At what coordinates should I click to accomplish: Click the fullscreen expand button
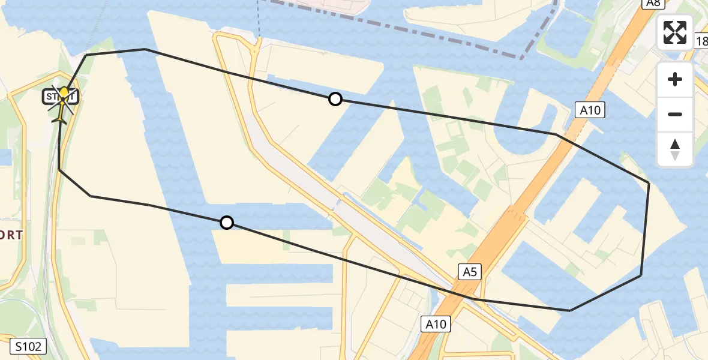pyautogui.click(x=675, y=32)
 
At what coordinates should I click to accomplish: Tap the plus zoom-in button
pyautogui.click(x=675, y=79)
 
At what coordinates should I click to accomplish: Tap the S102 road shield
pyautogui.click(x=29, y=346)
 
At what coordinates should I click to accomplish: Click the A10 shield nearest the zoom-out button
pyautogui.click(x=590, y=110)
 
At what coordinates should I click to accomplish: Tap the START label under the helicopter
pyautogui.click(x=60, y=96)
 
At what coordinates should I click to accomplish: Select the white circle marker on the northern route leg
pyautogui.click(x=335, y=99)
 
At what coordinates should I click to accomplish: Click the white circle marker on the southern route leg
pyautogui.click(x=227, y=223)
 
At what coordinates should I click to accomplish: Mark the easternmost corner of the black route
pyautogui.click(x=649, y=182)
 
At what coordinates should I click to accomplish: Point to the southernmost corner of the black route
pyautogui.click(x=569, y=310)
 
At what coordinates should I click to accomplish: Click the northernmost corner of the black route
pyautogui.click(x=145, y=49)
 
